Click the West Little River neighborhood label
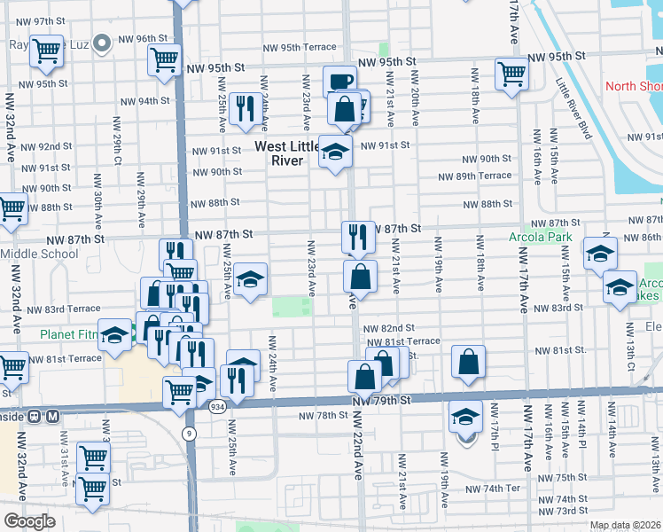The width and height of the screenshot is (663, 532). [291, 153]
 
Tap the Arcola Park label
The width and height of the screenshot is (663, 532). [541, 238]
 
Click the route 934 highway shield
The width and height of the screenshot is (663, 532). [216, 407]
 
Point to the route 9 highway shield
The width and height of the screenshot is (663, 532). [189, 433]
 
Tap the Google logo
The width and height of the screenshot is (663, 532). [30, 520]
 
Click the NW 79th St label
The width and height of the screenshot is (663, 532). [382, 401]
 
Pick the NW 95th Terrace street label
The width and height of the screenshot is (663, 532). [300, 47]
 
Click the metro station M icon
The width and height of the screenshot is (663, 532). [53, 415]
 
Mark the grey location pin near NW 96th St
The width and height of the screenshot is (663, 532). [103, 41]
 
